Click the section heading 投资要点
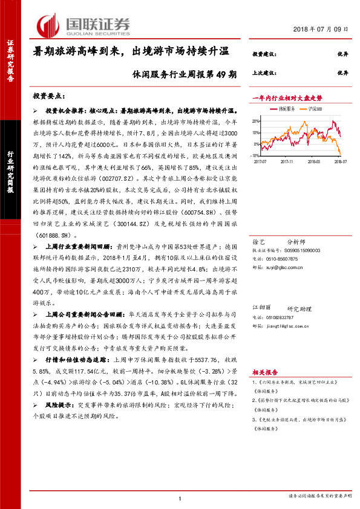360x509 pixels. pos(48,96)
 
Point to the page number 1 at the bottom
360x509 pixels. pos(180,497)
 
